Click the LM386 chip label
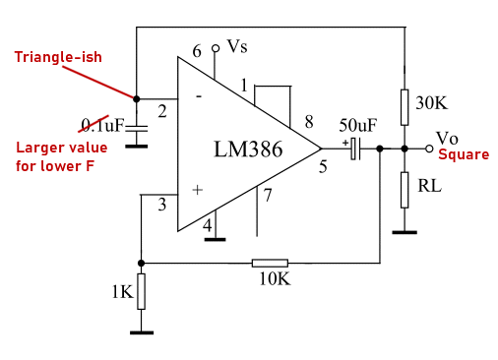(248, 150)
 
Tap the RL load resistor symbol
(405, 189)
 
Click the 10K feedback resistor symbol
(270, 263)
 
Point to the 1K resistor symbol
(142, 291)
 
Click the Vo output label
(447, 138)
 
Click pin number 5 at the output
(322, 166)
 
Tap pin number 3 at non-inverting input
(162, 205)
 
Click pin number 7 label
(267, 195)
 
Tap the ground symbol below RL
(405, 232)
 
